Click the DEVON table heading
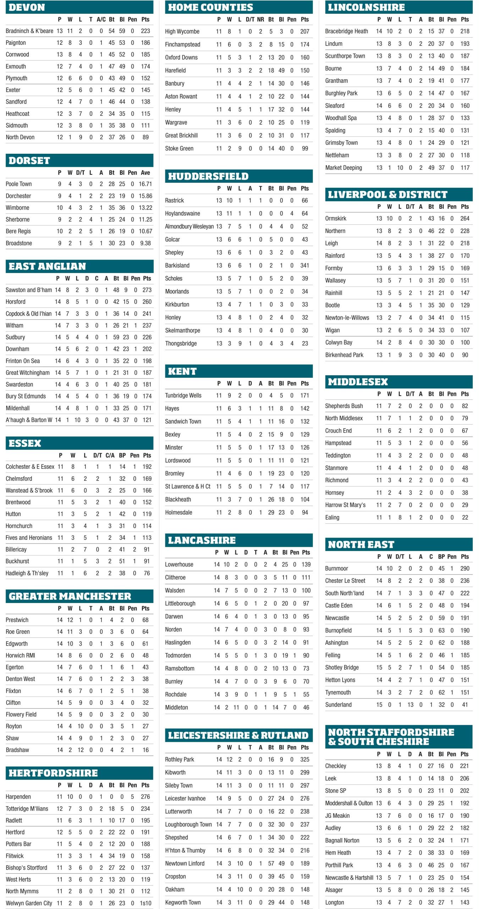tap(27, 7)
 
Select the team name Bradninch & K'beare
tap(29, 31)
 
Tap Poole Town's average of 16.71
tap(145, 184)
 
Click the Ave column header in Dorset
tap(145, 173)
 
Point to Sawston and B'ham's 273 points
tap(147, 290)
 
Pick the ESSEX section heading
tap(25, 443)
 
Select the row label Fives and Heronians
tap(29, 538)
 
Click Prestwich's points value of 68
tap(145, 620)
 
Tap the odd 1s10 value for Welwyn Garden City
tap(145, 903)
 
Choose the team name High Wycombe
tap(182, 32)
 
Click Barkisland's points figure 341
tap(304, 266)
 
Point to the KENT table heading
tap(182, 371)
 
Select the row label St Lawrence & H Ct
tap(188, 486)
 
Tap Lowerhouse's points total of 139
tap(306, 565)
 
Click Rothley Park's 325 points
tap(304, 760)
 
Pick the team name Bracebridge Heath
tap(346, 31)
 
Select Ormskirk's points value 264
tap(465, 218)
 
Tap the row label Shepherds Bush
tap(344, 406)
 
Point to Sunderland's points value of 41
tap(465, 705)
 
